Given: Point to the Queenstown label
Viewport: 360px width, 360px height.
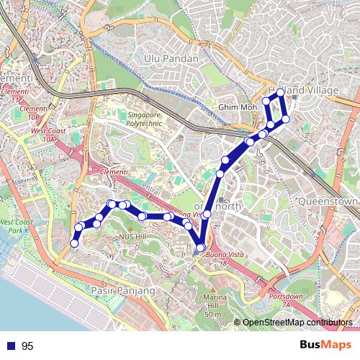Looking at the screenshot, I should point(328,202).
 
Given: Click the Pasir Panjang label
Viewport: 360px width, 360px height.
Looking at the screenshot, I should point(124,290).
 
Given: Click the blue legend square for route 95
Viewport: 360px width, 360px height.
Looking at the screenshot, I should point(11,346).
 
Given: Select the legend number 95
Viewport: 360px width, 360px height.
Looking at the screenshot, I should point(27,346).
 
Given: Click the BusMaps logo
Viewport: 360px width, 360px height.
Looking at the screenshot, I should point(322,345).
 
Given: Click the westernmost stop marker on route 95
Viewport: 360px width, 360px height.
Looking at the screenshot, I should point(73,244).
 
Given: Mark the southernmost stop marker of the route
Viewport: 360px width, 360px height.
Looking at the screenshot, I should point(200,248).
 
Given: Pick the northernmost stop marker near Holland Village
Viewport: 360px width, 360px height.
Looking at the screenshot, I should point(280,93).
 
